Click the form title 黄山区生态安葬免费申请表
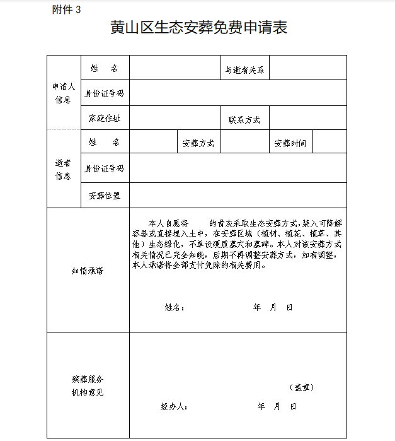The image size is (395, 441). coord(198,28)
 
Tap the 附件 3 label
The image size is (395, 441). coord(67,9)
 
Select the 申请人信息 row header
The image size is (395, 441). coord(64,93)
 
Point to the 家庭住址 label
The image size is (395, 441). coord(105,119)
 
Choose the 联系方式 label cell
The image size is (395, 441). coord(244,119)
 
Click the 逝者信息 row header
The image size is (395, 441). coord(64,169)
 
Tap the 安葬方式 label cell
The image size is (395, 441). coord(198,143)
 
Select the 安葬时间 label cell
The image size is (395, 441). coord(290,143)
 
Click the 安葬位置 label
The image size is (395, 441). coord(105,196)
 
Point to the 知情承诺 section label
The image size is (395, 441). coord(88,271)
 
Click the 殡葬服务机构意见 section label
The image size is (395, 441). coord(88,385)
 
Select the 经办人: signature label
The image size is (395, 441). coord(174,407)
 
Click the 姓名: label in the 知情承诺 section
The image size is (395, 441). coord(175,307)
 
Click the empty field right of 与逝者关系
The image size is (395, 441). coord(308,68)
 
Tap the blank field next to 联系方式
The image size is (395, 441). coord(308,118)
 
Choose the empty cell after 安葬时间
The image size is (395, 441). coord(329,142)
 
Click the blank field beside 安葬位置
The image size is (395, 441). coord(238,196)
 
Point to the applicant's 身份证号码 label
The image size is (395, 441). coord(105,93)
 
